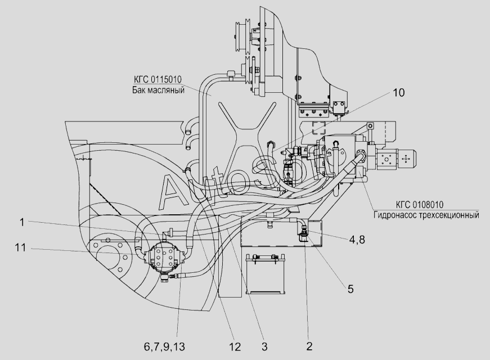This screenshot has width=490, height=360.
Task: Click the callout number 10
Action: click(398, 92)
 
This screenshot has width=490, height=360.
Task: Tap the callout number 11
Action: click(20, 248)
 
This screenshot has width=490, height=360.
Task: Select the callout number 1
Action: click(22, 222)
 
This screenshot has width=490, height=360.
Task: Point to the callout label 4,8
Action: click(357, 240)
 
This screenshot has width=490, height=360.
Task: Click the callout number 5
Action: click(350, 289)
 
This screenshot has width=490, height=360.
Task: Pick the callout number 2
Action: click(309, 346)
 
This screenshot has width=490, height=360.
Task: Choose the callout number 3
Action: click(264, 346)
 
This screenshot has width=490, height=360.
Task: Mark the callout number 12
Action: click(235, 346)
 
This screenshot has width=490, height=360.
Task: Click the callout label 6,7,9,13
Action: click(164, 346)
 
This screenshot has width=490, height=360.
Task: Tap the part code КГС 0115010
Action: click(158, 79)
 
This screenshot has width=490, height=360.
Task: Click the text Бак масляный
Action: click(158, 91)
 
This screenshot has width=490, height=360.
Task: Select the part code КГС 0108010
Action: click(420, 205)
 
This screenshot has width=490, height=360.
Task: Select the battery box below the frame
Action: click(266, 274)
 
